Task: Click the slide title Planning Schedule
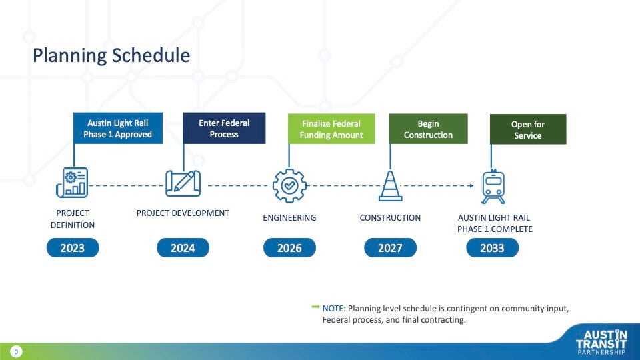coord(111,55)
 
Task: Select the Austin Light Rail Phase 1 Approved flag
coord(118,128)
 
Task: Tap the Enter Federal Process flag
coord(224,128)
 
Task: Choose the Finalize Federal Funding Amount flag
coord(331,129)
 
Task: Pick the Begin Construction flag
coord(428,129)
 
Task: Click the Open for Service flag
coord(528,129)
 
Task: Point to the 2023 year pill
coord(73,248)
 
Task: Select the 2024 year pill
coord(183,248)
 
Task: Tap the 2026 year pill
coord(289,248)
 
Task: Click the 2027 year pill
coord(390,248)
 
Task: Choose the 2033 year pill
coord(492,248)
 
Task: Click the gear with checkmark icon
coord(289,186)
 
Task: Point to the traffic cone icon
coord(390,186)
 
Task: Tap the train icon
coord(493,187)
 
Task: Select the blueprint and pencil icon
coord(183,183)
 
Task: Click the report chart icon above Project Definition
coord(72,183)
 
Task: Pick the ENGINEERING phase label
coord(289,218)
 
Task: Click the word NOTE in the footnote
coord(333,309)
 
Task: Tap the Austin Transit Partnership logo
coord(601,342)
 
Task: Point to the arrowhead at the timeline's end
coord(471,186)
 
